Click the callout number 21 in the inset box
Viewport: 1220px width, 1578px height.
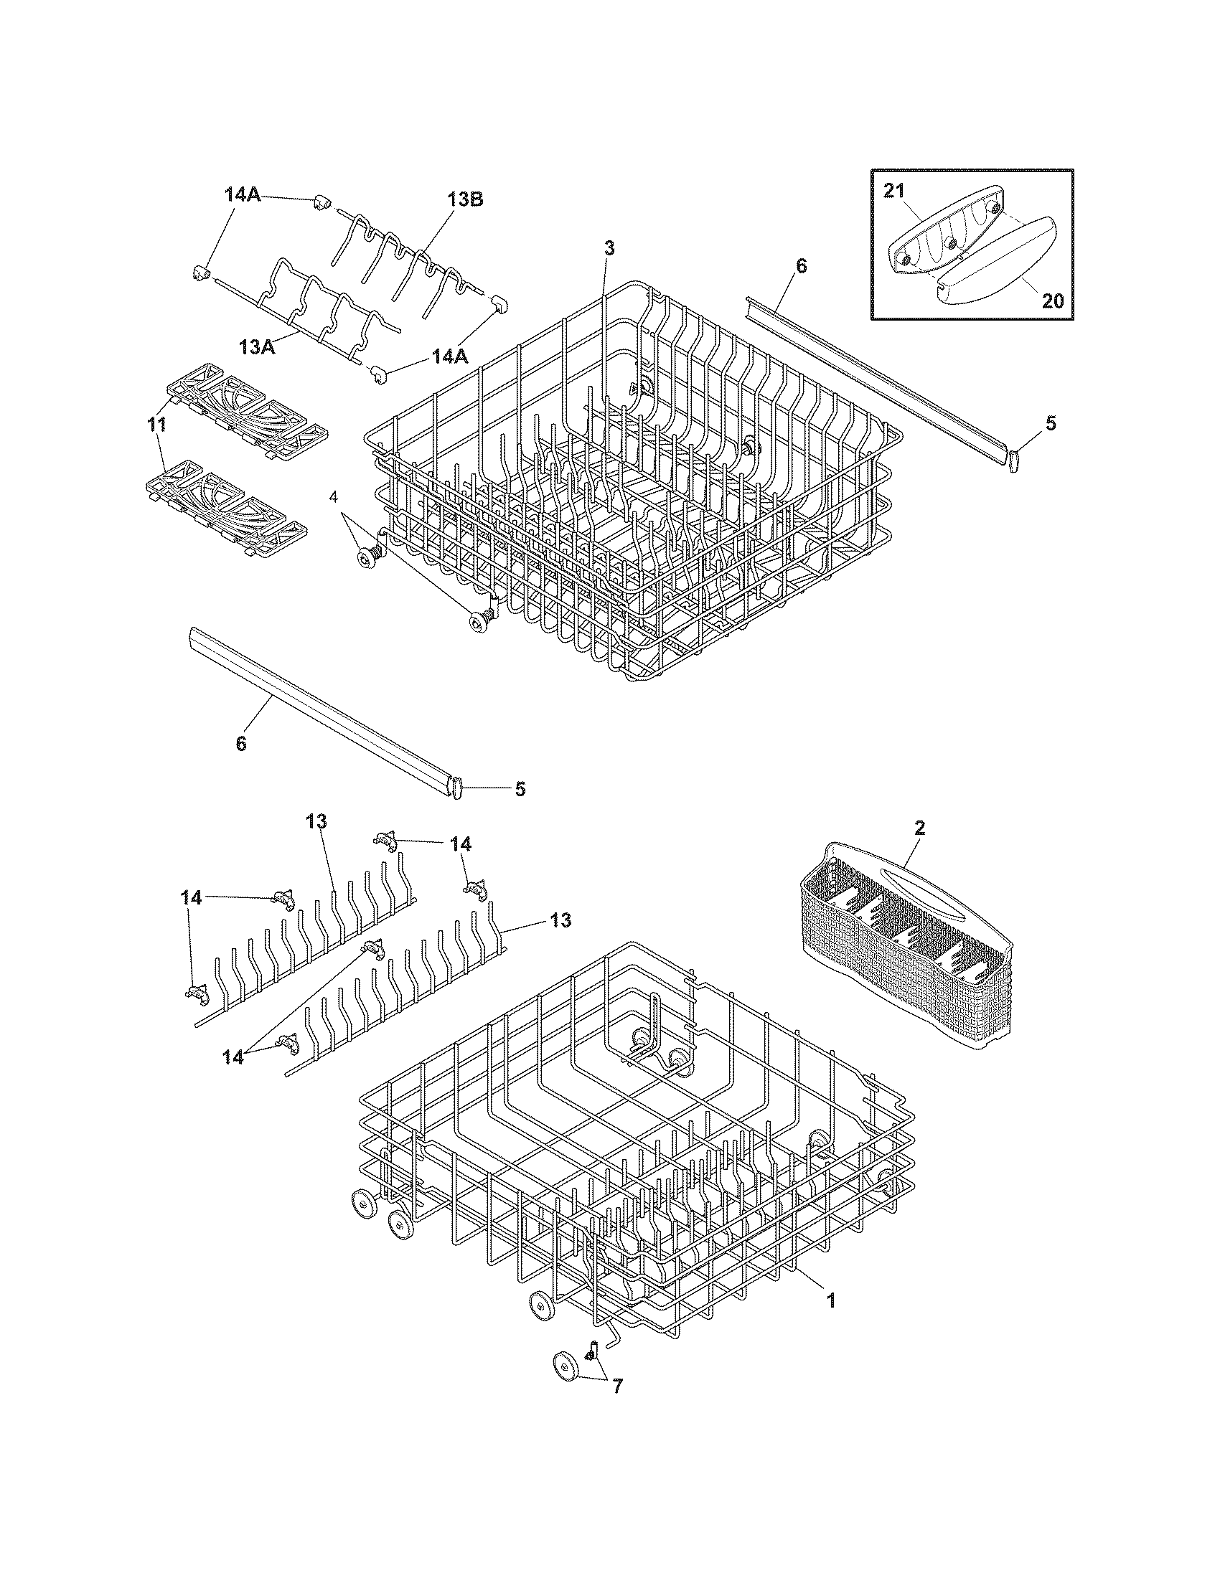[x=893, y=191]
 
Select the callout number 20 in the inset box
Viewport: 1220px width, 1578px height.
[x=1053, y=300]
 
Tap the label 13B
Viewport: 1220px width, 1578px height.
[x=466, y=200]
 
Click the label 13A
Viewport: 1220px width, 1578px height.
[x=258, y=347]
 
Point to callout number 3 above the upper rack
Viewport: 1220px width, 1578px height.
[x=609, y=249]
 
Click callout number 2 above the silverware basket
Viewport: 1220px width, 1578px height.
[x=919, y=828]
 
